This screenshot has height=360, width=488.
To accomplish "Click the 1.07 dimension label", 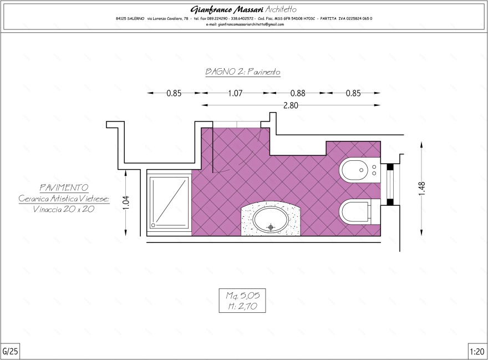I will tap(235, 93).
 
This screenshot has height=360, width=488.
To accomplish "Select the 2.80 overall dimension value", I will tap(291, 105).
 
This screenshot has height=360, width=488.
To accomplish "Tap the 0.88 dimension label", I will tap(298, 93).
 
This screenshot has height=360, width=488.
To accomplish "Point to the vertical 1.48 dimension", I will tap(422, 188).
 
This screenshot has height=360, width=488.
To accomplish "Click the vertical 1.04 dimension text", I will tap(126, 203).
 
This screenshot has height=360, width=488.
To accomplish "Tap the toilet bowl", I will tap(355, 211).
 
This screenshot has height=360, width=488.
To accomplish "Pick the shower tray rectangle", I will tap(169, 202).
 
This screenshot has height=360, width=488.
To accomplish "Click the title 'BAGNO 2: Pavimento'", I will tap(243, 72).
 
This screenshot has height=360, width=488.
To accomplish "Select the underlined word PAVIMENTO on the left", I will tap(64, 188).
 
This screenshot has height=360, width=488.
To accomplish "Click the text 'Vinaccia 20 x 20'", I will tap(64, 209).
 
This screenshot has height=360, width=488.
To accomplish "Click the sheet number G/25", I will tap(11, 351).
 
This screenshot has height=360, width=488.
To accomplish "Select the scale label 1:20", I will tap(477, 351).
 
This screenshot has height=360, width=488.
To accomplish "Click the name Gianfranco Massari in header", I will tap(227, 9).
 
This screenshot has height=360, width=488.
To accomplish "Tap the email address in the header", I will tap(244, 24).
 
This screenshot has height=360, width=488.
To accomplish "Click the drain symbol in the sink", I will tap(271, 226).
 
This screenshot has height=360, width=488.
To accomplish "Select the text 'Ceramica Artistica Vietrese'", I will tap(64, 199).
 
